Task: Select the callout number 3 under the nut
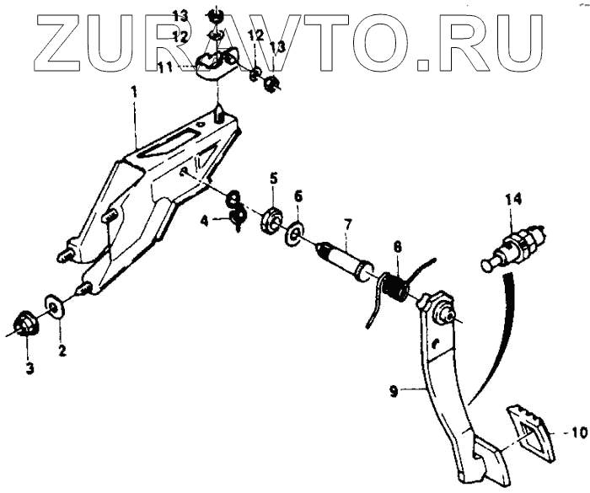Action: (x=29, y=368)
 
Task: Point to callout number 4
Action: (x=205, y=221)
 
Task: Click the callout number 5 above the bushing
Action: (x=273, y=179)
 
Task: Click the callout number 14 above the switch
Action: (x=513, y=199)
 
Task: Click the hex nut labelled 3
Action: (x=25, y=324)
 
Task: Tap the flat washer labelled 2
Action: (x=51, y=304)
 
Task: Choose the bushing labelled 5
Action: (x=271, y=219)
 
